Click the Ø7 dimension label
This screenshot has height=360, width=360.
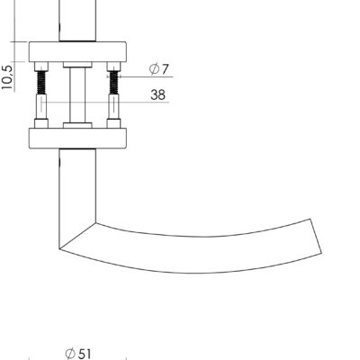pyautogui.click(x=159, y=69)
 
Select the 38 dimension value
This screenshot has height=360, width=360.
pyautogui.click(x=157, y=94)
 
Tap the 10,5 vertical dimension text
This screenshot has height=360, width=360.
pyautogui.click(x=7, y=77)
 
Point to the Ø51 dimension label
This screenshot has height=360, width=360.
pyautogui.click(x=78, y=354)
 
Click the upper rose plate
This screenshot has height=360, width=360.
pyautogui.click(x=77, y=52)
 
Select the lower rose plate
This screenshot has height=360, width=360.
pyautogui.click(x=77, y=139)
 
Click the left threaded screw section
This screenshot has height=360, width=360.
pyautogui.click(x=41, y=83)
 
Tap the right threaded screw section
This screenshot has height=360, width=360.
pyautogui.click(x=113, y=83)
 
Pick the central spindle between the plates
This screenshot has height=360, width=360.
pyautogui.click(x=77, y=95)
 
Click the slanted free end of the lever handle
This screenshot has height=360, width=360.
pyautogui.click(x=316, y=237)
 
